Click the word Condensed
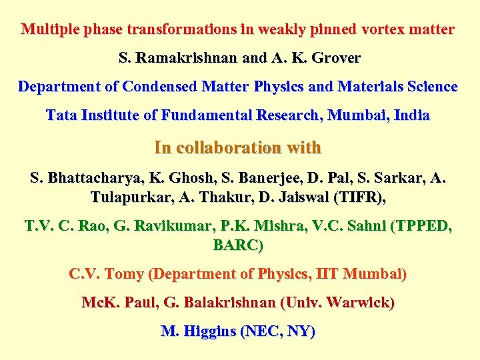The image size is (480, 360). [153, 87]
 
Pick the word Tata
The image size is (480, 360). [61, 115]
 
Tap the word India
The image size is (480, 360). [412, 115]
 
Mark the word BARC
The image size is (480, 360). [236, 245]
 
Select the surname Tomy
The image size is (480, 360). [123, 274]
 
